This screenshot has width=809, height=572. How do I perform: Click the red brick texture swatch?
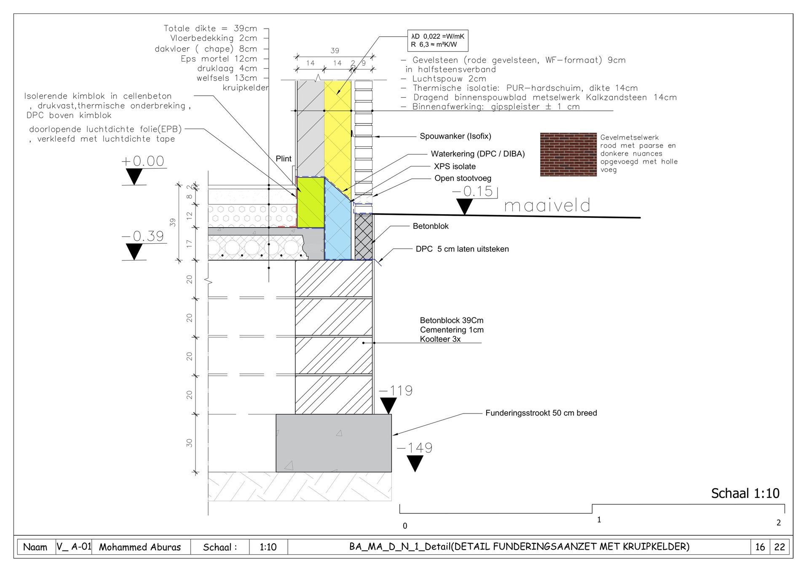pos(568,154)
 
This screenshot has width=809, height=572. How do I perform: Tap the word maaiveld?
pos(547,205)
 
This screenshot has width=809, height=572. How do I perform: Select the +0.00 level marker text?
pos(142,161)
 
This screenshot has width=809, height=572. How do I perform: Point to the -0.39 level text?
pos(142,236)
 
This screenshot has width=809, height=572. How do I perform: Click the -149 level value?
pos(415,448)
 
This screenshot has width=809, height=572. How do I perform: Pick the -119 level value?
pos(396,390)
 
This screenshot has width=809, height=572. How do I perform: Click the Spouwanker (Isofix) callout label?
pos(455,136)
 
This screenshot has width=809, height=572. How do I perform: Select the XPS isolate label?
pos(455,166)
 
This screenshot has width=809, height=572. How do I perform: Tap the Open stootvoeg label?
pos(463,178)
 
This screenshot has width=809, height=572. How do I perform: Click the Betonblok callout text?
pos(431,226)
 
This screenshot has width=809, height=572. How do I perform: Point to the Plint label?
pos(284,159)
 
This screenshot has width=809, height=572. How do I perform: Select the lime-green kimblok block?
pos(311,202)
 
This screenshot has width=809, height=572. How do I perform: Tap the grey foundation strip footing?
pos(334,443)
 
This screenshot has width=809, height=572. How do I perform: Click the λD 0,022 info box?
pos(438,41)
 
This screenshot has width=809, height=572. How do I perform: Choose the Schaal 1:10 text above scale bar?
pos(745,493)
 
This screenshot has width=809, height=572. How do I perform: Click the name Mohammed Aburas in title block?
pos(140,547)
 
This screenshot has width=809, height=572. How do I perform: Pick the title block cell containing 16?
pos(760,547)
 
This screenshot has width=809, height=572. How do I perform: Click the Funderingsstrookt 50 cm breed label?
pos(541,413)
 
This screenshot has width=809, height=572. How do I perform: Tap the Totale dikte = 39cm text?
pos(210,29)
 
